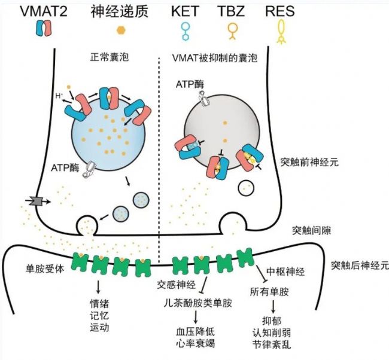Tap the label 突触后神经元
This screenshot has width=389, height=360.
tap(358, 265)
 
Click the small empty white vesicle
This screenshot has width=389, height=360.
tap(246, 188)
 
